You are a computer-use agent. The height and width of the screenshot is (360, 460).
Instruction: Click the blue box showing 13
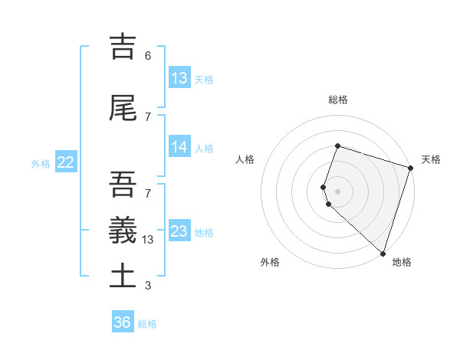pos(179,78)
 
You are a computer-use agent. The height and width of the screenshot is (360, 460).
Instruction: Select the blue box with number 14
pos(179,147)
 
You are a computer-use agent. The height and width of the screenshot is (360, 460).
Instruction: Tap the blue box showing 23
pos(179,231)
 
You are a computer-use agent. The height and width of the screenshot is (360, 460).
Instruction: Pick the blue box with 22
pos(66,162)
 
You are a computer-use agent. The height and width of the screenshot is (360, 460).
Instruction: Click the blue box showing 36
pos(123,322)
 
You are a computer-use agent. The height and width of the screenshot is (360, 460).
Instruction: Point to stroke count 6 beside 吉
pos(148,56)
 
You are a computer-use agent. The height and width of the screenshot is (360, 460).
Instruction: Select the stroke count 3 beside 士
pos(148,286)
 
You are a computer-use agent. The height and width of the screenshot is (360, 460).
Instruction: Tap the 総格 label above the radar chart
pos(338,100)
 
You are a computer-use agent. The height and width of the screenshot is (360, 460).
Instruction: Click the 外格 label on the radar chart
pos(270,263)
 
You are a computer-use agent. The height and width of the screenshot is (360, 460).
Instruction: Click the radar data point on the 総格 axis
pos(337,146)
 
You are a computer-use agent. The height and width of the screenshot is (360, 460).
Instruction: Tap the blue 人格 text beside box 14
pos(204,148)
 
